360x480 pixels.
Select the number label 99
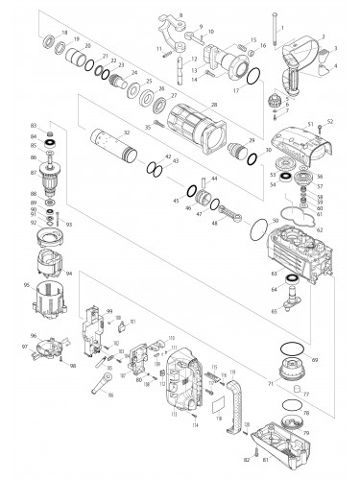tap(109, 311)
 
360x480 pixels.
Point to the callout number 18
tap(63, 34)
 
